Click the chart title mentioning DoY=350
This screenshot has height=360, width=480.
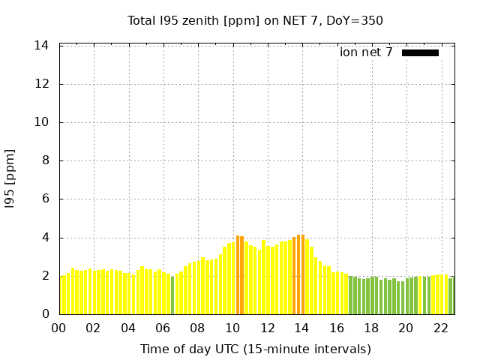[x=255, y=20]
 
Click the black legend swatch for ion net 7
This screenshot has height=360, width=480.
[x=420, y=52]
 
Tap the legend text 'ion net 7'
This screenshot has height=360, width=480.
[x=366, y=52]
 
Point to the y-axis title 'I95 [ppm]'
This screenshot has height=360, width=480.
[x=10, y=179]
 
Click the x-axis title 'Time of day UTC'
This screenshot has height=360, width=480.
[x=255, y=349]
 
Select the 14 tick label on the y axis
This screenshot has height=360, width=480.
[x=42, y=46]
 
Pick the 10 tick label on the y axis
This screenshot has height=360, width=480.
[x=42, y=122]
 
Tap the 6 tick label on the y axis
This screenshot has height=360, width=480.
[x=46, y=199]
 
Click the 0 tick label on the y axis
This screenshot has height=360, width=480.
[x=46, y=313]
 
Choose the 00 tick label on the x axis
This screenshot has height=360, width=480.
[x=58, y=328]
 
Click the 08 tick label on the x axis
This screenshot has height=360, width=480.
[x=197, y=328]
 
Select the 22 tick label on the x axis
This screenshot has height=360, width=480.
[x=440, y=328]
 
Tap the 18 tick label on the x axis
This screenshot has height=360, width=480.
[x=370, y=328]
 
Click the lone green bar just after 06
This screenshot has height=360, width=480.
[x=172, y=295]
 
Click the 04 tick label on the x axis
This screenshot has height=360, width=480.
[x=128, y=328]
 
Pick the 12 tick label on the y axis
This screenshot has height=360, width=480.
[x=42, y=84]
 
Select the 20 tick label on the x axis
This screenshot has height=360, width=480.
[x=406, y=328]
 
